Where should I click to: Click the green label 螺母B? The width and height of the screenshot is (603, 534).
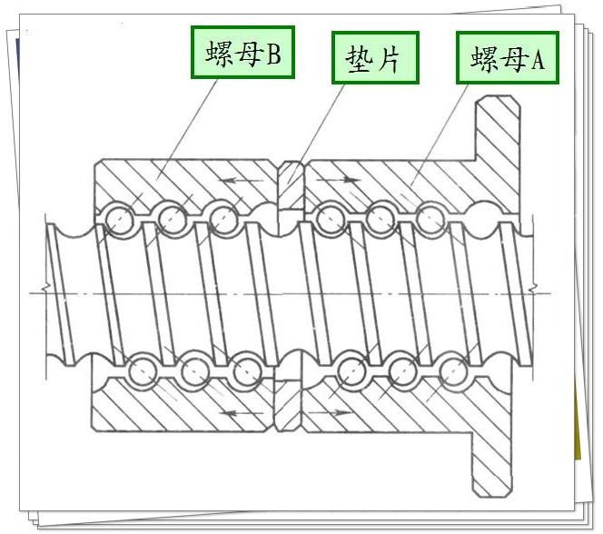point(242,54)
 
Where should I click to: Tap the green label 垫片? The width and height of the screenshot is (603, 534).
point(373,59)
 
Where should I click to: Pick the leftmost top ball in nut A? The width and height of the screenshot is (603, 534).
point(329,217)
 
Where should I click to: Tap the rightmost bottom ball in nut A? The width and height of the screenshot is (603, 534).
point(454,371)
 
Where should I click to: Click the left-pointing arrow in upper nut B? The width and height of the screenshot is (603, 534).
point(238,181)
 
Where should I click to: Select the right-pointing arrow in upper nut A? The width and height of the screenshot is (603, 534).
point(342,181)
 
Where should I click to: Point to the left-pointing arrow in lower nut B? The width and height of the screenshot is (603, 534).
point(238,413)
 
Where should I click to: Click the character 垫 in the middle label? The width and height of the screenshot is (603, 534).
point(359,59)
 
